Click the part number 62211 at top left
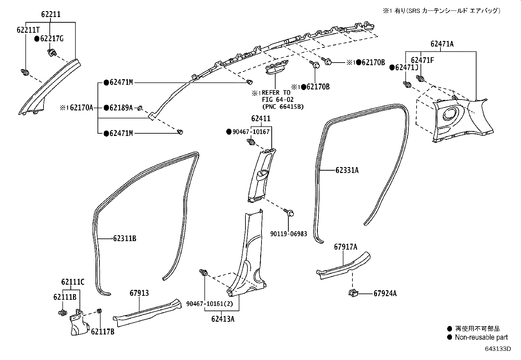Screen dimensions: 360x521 point(51,14)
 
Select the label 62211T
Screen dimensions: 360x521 point(28,30)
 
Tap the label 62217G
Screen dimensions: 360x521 point(52,39)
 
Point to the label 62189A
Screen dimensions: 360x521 point(121,107)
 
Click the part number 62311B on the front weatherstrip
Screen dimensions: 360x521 point(125,238)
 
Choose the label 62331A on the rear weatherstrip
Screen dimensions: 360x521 point(347,170)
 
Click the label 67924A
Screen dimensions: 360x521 point(385,294)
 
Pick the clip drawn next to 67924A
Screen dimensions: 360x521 point(353,292)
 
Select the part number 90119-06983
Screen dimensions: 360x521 point(289,234)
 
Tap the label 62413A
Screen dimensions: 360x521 point(223,318)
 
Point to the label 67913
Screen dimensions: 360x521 point(139,293)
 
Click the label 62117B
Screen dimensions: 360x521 point(102,332)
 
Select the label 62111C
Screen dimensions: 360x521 point(73,282)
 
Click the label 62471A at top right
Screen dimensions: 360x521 point(442,44)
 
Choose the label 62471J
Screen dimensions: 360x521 point(406,67)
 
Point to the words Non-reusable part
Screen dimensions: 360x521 point(481,337)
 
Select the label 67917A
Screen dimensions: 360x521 point(346,247)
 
